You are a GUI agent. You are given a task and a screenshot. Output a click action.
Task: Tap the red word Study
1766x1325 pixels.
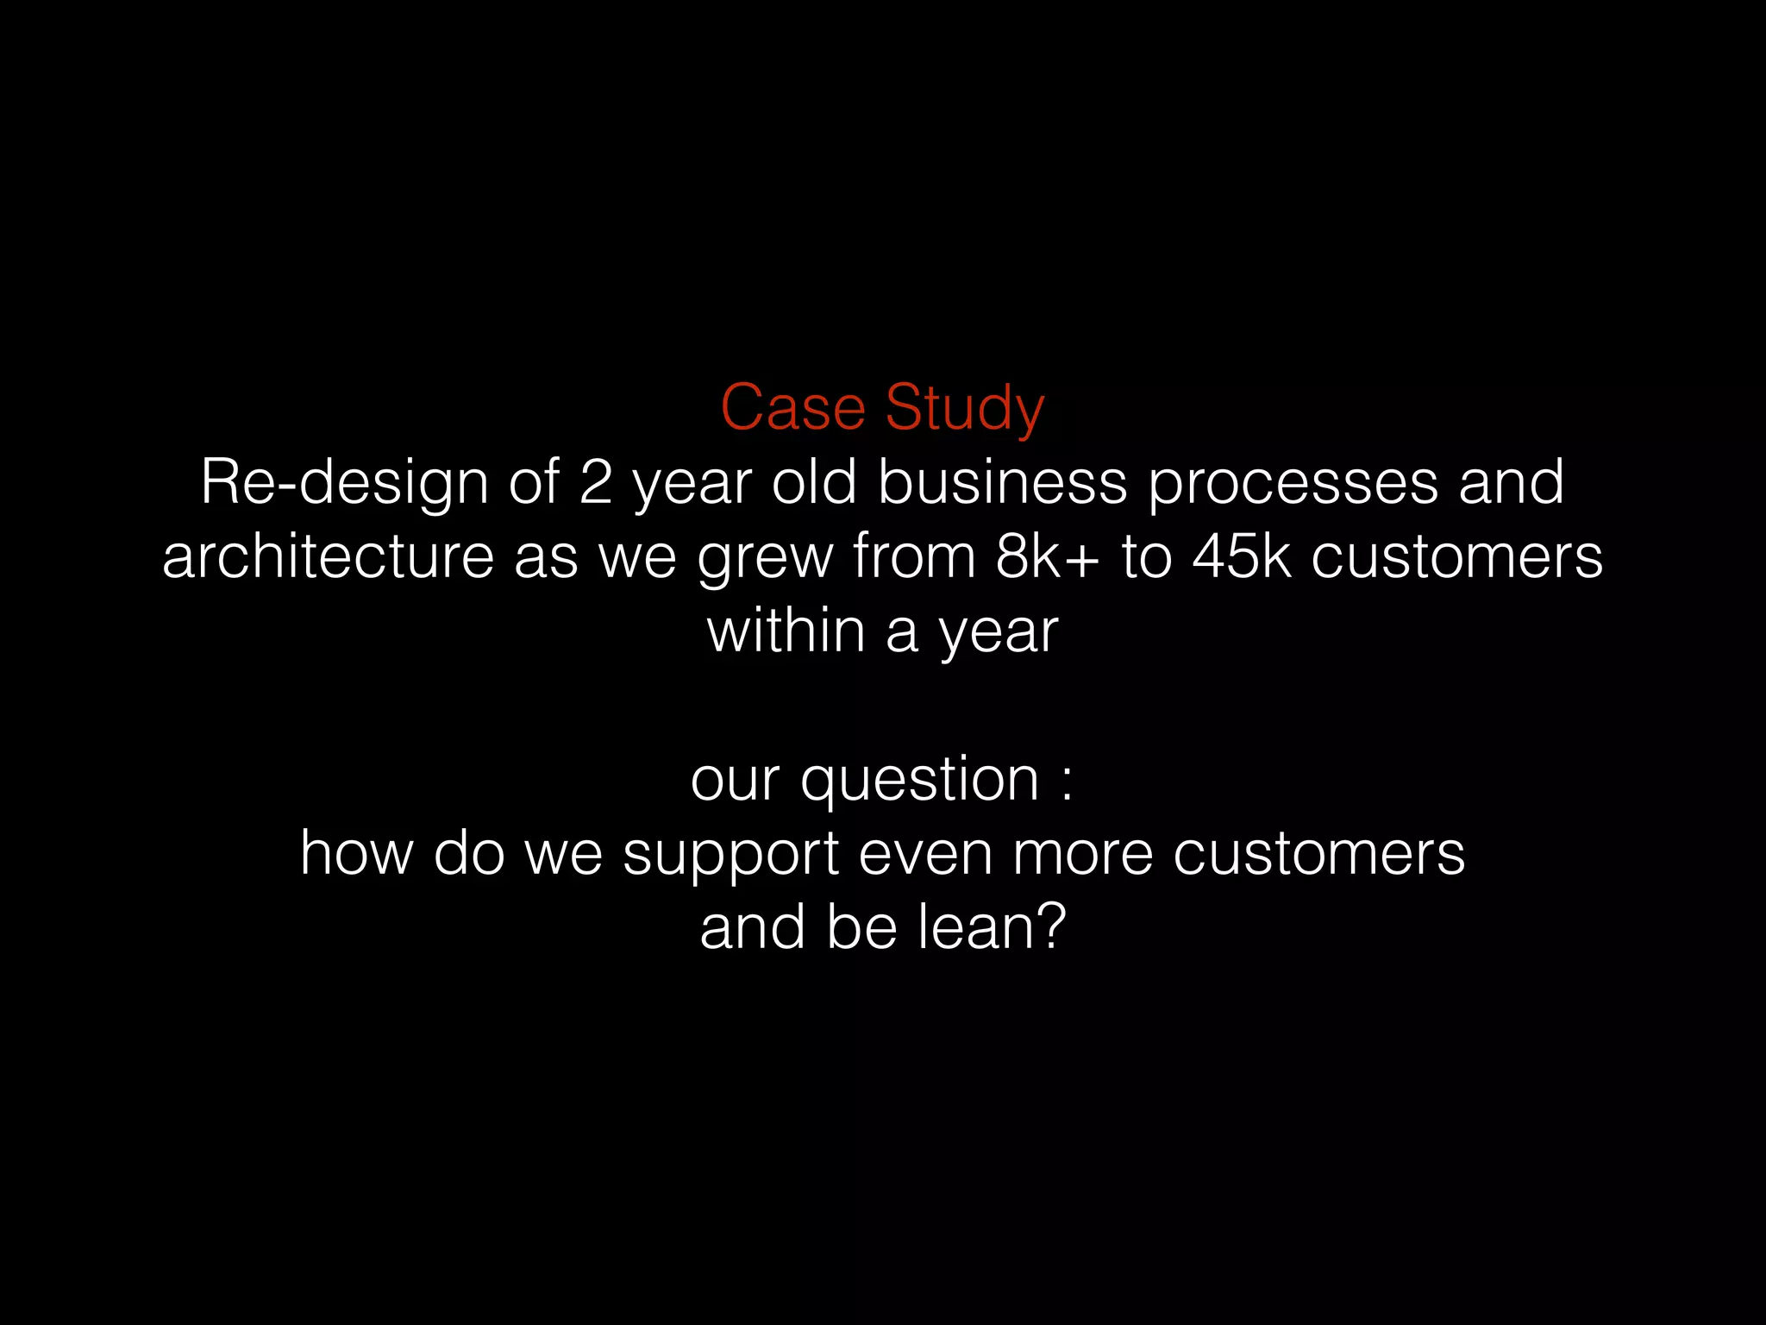point(965,409)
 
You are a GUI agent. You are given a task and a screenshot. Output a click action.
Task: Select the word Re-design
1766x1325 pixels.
point(344,483)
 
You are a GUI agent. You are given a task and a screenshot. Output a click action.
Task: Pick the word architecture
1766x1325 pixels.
point(328,556)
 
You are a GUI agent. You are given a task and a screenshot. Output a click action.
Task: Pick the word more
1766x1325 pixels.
point(1082,853)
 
